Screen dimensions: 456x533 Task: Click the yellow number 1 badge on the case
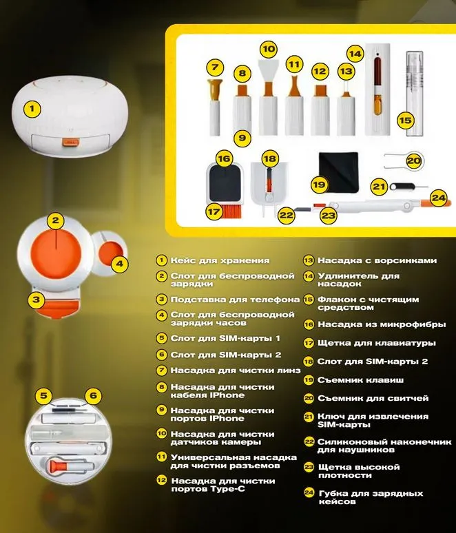[x=32, y=109]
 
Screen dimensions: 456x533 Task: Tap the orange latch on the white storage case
[x=71, y=142]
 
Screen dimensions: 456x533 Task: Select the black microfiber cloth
[x=339, y=171]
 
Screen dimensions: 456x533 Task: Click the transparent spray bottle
[x=415, y=94]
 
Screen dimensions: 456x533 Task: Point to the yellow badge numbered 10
[x=269, y=50]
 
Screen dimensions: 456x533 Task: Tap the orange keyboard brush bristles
[x=231, y=211]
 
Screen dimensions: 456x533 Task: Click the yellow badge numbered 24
[x=439, y=198]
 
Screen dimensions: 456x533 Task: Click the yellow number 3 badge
[x=37, y=300]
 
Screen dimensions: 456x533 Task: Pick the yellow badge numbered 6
[x=94, y=395]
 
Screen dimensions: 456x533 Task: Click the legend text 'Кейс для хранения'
[x=220, y=261]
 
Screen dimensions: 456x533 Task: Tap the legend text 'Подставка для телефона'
[x=235, y=300]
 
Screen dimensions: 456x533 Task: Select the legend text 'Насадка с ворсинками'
[x=377, y=261]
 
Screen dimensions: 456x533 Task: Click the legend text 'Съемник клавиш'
[x=360, y=380]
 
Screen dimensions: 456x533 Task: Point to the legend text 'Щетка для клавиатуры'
[x=377, y=343]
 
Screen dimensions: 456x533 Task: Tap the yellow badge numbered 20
[x=414, y=160]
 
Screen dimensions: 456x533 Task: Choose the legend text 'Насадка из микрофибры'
[x=382, y=324]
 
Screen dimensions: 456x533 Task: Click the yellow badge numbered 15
[x=405, y=121]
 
